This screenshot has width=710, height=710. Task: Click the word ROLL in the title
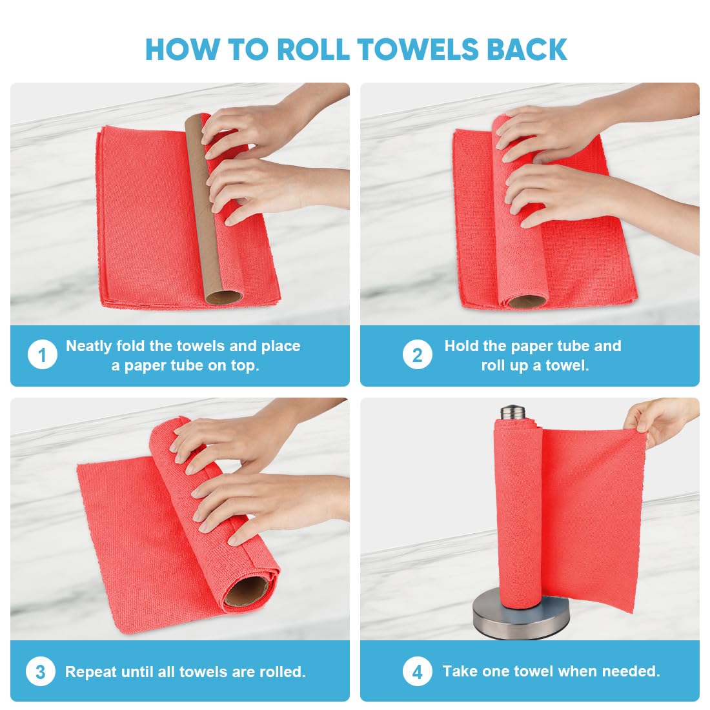(312, 50)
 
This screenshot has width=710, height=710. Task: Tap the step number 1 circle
(42, 356)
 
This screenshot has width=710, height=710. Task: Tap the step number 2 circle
(418, 356)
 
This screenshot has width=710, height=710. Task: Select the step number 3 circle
(41, 672)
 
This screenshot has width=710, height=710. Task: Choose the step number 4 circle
(418, 672)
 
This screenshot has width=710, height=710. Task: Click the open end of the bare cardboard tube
(224, 298)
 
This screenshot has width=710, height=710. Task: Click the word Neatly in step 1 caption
(89, 346)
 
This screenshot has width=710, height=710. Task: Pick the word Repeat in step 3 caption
(91, 672)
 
